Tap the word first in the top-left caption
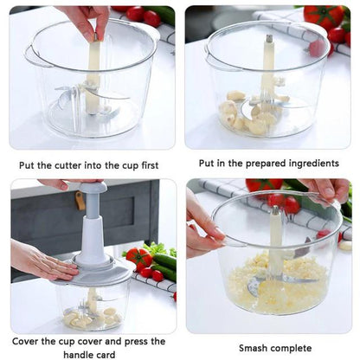[x=154, y=164]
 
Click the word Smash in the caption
[x=257, y=348]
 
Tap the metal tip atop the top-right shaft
[x=269, y=39]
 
